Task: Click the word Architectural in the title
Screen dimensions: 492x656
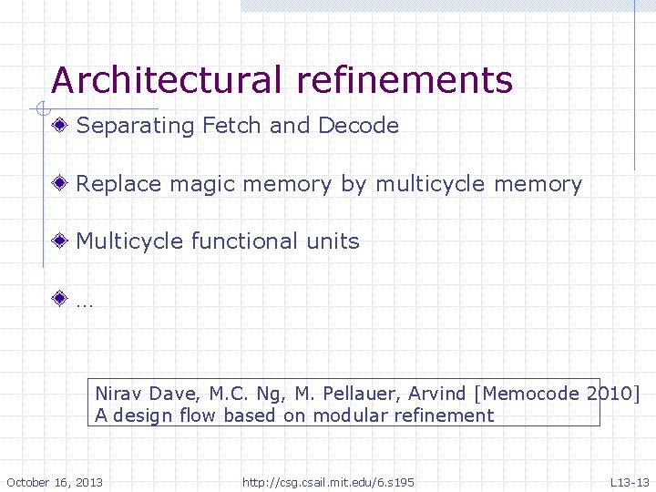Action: pyautogui.click(x=167, y=81)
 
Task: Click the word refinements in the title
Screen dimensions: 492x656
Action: pyautogui.click(x=404, y=81)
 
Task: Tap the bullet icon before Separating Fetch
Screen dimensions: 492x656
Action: pyautogui.click(x=60, y=125)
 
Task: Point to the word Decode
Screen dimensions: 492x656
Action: pyautogui.click(x=358, y=125)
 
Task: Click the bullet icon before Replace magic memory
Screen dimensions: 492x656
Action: pyautogui.click(x=60, y=183)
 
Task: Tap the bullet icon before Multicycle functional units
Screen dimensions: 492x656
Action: pyautogui.click(x=60, y=241)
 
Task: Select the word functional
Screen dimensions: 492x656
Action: pyautogui.click(x=243, y=241)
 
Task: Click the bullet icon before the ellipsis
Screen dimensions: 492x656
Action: pyautogui.click(x=60, y=299)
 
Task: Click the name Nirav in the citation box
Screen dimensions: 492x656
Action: pyautogui.click(x=118, y=394)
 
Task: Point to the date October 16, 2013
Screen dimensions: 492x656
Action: pyautogui.click(x=55, y=481)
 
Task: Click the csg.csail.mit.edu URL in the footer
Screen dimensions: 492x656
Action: pyautogui.click(x=328, y=481)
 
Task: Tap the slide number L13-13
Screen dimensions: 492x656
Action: pyautogui.click(x=630, y=481)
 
